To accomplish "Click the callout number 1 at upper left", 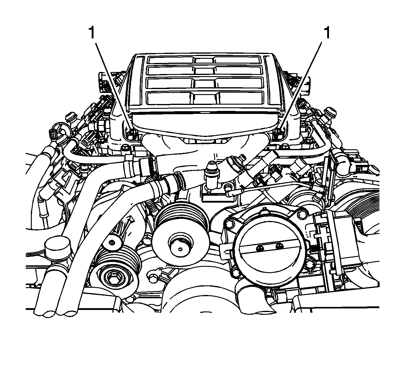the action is click(x=92, y=33).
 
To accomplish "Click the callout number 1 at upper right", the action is click(x=327, y=33).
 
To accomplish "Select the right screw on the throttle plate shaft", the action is click(x=279, y=246).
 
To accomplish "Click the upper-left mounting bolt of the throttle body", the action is click(x=230, y=224).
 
